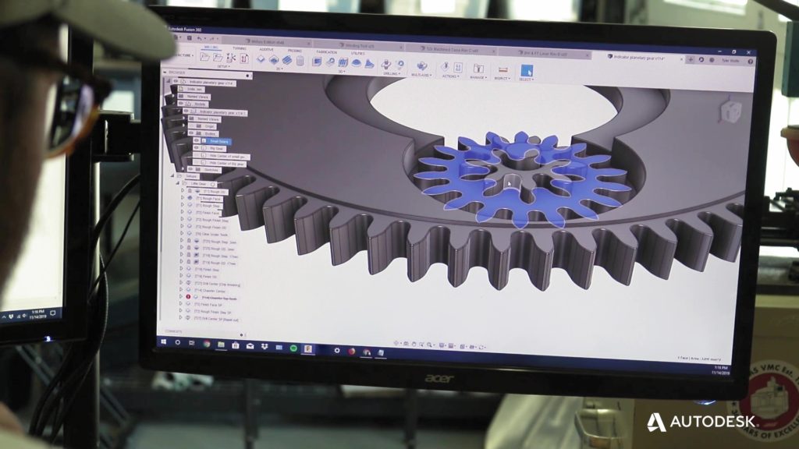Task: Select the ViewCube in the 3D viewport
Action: coord(730,111)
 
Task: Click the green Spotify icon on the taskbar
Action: coord(293,347)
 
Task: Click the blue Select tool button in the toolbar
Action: coord(527,70)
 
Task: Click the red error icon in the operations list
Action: coord(189,297)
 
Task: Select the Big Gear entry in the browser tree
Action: coord(215,148)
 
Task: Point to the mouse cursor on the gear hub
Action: coord(508,182)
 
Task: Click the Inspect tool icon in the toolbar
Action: coord(502,69)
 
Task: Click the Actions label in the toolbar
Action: coord(450,76)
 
